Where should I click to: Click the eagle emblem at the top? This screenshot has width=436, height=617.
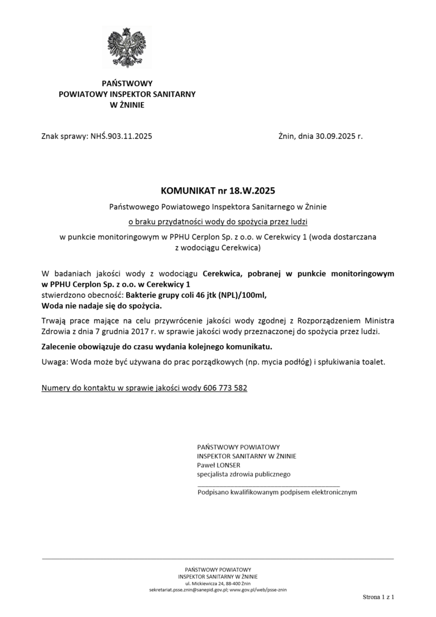(127, 47)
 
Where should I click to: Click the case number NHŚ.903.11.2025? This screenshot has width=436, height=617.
(121, 137)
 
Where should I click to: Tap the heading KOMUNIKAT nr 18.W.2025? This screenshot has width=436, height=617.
(218, 189)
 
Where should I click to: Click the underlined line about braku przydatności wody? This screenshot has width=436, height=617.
(218, 220)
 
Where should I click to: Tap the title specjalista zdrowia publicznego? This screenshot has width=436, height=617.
(244, 474)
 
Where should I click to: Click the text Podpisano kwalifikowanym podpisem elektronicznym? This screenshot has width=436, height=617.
(277, 492)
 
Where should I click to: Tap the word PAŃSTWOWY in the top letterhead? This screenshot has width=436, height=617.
(127, 83)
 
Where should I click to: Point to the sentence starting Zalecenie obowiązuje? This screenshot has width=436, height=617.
(157, 347)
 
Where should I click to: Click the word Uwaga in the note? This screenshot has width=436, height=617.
(54, 362)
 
